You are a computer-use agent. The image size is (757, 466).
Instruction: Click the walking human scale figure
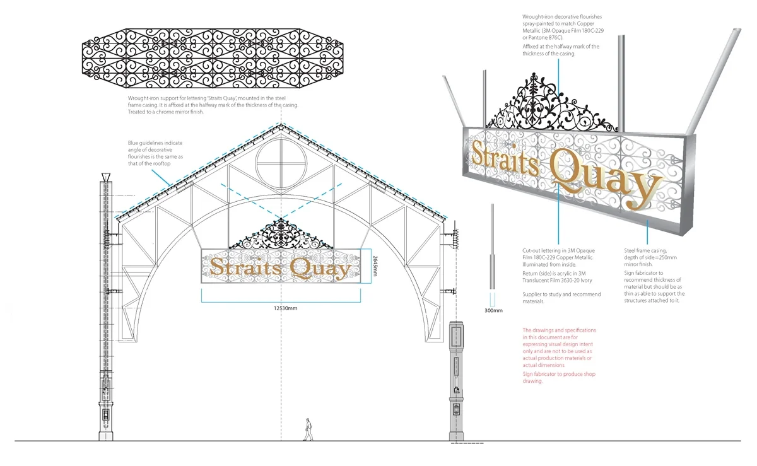point(308,429)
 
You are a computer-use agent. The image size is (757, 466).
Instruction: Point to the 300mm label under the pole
point(494,310)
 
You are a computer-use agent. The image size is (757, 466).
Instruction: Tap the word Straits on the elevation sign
point(245,267)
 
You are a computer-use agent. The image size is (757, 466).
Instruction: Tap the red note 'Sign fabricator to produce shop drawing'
point(559,377)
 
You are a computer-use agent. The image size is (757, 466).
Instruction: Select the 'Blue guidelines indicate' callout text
point(155,143)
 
